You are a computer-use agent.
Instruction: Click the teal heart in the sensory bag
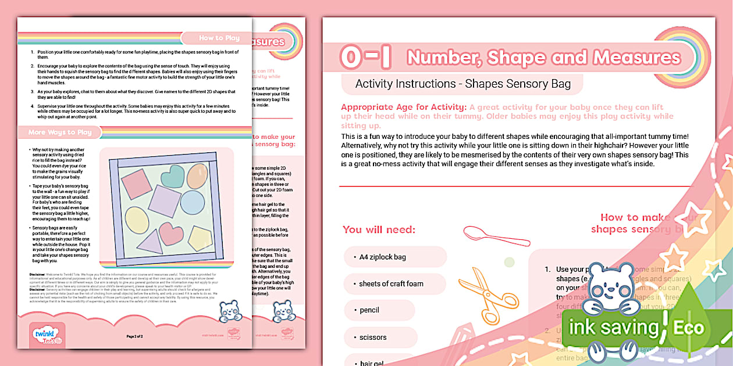point(173,175)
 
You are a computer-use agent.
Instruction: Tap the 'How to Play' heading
point(219,38)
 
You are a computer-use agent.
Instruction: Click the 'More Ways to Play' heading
point(60,132)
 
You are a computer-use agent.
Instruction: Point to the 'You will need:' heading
point(379,229)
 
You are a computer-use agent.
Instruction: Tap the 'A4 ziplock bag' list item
point(382,257)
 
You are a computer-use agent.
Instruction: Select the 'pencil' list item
point(369,310)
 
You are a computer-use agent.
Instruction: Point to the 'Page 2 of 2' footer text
point(134,336)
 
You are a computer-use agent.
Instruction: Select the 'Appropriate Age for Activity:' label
point(403,107)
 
